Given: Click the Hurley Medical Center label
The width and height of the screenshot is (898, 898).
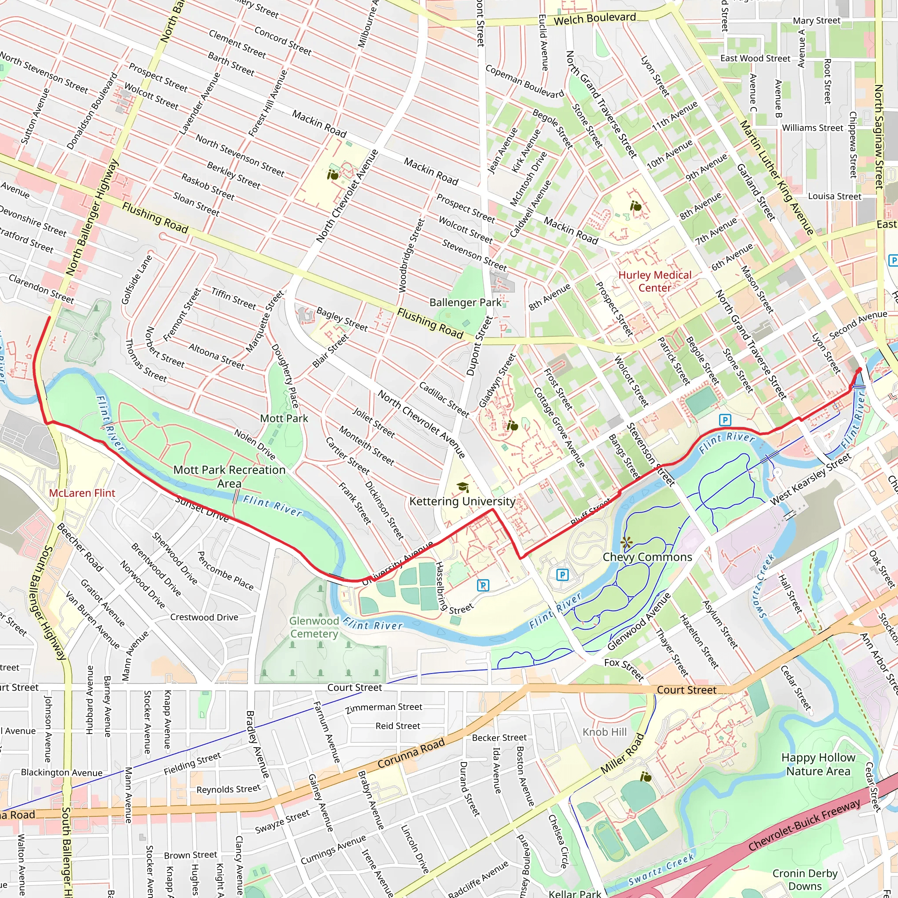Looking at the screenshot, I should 655,281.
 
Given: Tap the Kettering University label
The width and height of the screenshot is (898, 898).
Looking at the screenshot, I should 462,501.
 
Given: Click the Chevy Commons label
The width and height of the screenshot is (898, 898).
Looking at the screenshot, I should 647,557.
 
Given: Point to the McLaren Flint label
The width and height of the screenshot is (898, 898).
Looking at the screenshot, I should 82,493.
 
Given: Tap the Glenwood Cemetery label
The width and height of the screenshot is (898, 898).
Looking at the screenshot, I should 314,627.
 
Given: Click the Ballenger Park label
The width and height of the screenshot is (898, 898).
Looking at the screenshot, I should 465,303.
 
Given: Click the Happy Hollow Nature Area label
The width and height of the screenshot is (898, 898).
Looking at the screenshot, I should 818,764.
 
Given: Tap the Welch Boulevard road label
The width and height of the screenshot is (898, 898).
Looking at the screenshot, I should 595,19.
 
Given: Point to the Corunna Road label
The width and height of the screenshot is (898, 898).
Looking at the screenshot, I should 411,753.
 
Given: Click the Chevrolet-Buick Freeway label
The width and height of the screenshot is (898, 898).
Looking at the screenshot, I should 804,825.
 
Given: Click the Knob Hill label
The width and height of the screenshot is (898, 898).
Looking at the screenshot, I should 605,732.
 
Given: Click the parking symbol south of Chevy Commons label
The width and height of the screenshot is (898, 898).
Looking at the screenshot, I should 563,575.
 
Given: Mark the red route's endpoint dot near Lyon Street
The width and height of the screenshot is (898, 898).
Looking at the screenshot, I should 859,370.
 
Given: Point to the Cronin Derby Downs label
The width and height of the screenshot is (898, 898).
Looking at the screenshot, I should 805,880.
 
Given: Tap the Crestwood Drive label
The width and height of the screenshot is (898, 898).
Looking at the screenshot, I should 204,617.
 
